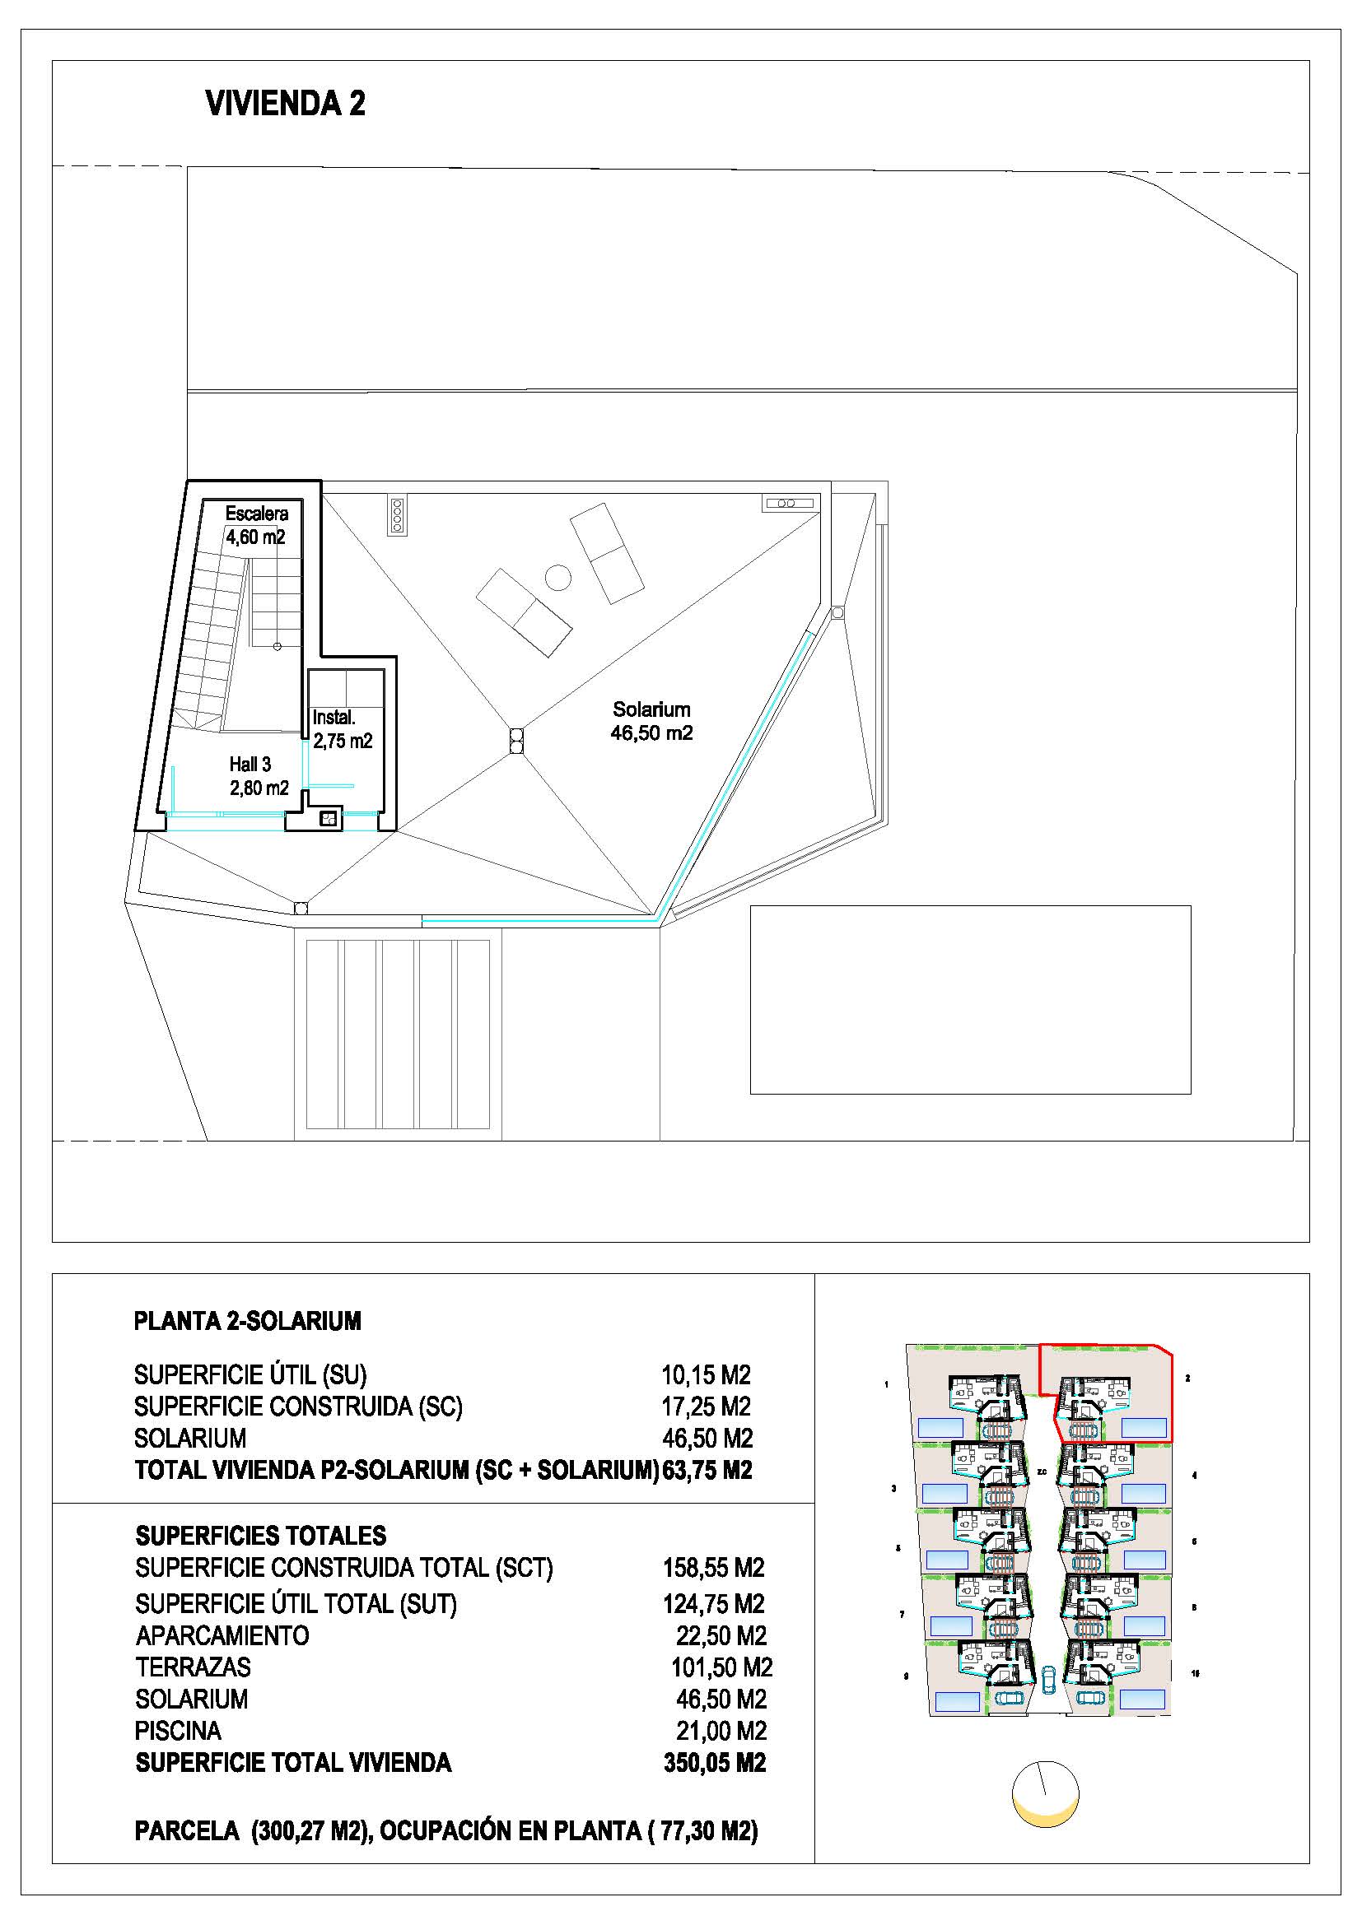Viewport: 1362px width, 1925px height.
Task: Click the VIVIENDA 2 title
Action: pos(285,104)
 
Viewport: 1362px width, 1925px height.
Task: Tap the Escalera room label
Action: pos(257,513)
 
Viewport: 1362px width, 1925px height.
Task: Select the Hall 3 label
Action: pos(250,764)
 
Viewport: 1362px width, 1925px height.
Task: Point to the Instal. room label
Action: pos(334,718)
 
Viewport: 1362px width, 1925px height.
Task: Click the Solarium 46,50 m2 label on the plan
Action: pos(651,721)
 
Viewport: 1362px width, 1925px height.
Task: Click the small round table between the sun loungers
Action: pos(557,577)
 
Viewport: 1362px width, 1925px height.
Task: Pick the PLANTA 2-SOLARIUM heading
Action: pos(247,1322)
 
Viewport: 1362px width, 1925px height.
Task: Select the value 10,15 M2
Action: pos(707,1375)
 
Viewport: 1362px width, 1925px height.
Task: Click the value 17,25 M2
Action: pos(707,1407)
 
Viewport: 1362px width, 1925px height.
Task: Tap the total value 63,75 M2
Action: pos(707,1470)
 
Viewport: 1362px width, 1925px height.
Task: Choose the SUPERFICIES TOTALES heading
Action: pos(261,1536)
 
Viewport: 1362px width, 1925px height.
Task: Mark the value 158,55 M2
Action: pos(714,1568)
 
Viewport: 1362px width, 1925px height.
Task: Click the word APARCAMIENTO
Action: pos(222,1636)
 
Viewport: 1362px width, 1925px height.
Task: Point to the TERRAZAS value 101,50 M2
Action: pos(721,1667)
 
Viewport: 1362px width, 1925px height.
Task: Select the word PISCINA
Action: pos(178,1731)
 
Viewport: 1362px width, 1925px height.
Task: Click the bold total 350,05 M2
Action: pos(715,1763)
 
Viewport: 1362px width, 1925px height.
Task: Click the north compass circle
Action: pos(1045,1795)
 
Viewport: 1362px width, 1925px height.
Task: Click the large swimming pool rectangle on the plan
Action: pos(970,999)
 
